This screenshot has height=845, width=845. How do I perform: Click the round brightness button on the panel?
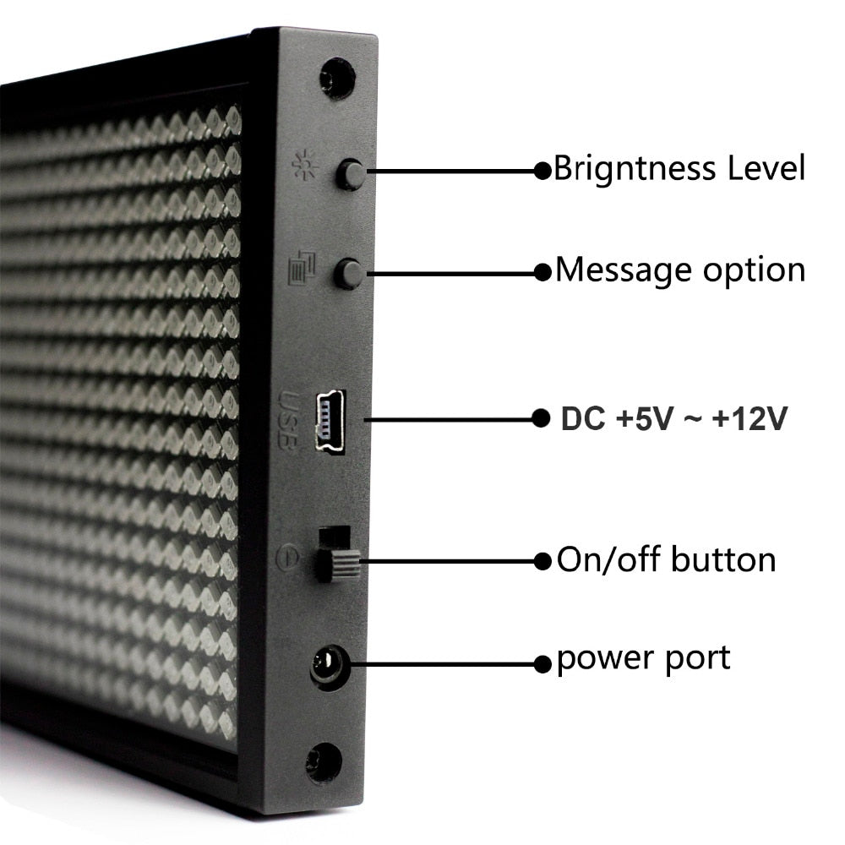coord(350,174)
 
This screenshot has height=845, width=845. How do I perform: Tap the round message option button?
coord(348,274)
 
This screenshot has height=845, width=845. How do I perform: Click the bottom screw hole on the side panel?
coord(324,762)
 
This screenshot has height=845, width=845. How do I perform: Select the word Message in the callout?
coord(623,271)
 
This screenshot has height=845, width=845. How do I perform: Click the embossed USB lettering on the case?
coord(287,420)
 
